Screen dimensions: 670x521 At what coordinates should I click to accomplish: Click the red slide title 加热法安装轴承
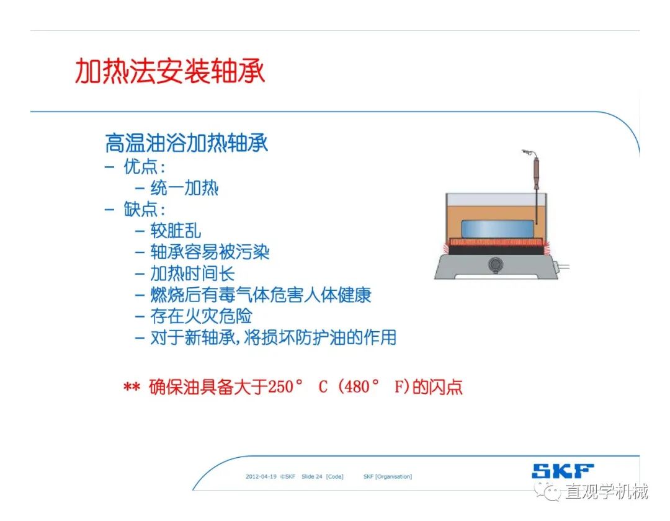pos(170,71)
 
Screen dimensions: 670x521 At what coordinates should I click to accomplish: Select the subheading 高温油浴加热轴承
pos(187,143)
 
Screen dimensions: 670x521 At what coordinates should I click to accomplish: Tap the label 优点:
pos(145,167)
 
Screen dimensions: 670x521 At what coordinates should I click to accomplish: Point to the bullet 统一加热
pos(185,188)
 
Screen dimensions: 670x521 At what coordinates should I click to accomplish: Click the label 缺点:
pos(145,209)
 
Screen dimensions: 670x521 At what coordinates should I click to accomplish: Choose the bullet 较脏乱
pos(176,231)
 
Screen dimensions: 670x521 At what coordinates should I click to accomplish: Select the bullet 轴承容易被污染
pos(210,252)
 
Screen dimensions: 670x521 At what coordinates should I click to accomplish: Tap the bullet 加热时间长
pos(193,274)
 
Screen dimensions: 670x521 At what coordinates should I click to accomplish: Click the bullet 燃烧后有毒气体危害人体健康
pos(261,295)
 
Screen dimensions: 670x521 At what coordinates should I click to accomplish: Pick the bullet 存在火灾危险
pos(201,316)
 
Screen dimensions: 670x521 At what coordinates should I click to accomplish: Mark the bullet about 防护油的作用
pos(274,337)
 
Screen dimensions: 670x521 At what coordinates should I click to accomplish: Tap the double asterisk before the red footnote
pos(132,387)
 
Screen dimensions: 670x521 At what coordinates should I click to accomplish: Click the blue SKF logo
pos(563,471)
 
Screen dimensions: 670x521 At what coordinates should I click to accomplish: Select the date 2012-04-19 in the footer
pos(261,476)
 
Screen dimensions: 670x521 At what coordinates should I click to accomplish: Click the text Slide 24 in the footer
pos(312,476)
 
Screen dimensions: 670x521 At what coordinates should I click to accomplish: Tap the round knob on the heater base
pos(496,265)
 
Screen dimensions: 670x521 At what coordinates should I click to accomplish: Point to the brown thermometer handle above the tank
pos(536,173)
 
